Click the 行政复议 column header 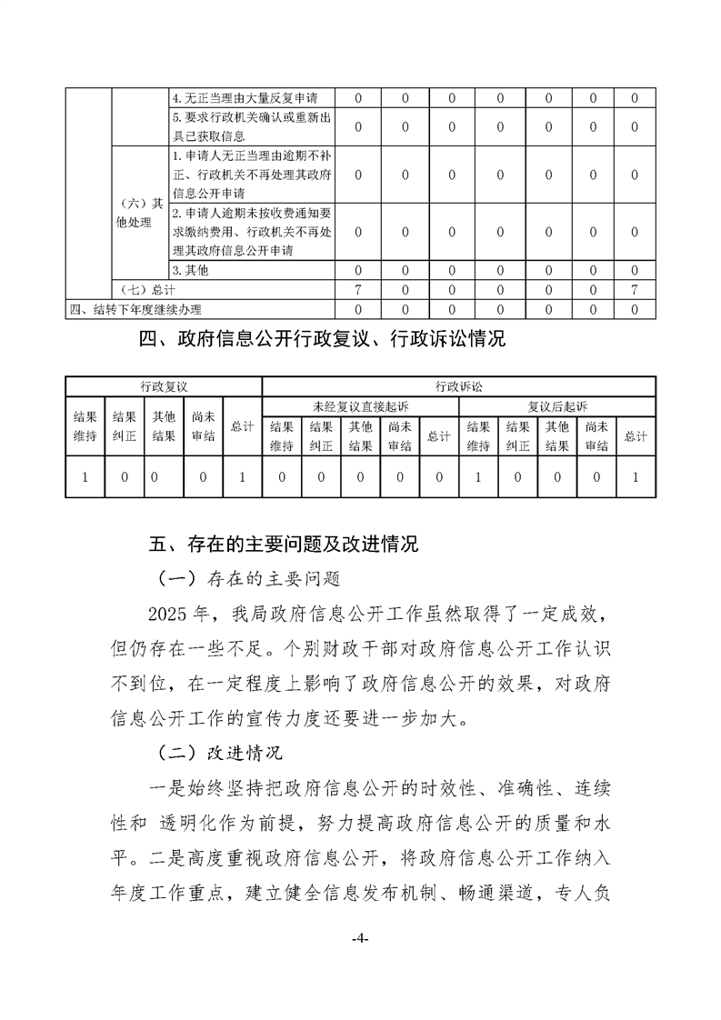coord(163,386)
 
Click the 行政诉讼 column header coord(458,386)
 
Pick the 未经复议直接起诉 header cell coord(360,405)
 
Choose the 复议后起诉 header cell coord(557,405)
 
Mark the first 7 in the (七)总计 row coord(357,289)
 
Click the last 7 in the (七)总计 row coord(633,289)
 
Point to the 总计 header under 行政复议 coord(242,426)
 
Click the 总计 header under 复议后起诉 coord(636,436)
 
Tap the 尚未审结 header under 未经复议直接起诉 coord(400,436)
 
